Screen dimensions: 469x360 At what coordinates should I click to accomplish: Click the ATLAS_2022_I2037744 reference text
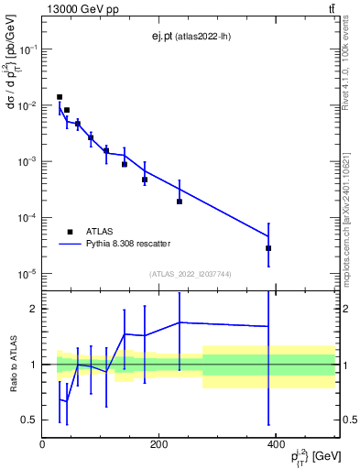(190, 274)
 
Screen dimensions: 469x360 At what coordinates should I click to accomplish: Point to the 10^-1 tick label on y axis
(29, 49)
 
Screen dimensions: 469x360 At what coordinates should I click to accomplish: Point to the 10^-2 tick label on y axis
(29, 106)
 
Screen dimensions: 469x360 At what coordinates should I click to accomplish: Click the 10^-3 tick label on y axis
(29, 162)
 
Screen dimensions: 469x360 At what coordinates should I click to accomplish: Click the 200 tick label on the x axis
(158, 444)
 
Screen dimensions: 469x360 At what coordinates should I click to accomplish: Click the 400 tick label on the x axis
(275, 444)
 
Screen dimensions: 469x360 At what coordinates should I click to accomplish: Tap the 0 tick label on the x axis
(42, 444)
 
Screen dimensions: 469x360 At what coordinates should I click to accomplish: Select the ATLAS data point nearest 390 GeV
(268, 248)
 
